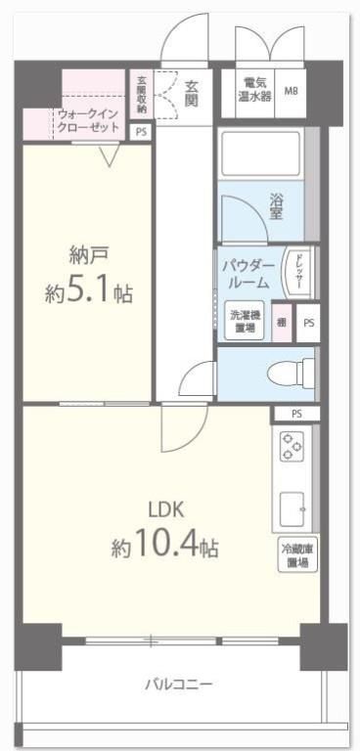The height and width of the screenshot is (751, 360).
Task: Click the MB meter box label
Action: [x=292, y=92]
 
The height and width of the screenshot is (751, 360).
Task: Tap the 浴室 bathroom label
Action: [x=279, y=207]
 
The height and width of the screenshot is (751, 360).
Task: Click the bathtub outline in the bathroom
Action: [x=259, y=155]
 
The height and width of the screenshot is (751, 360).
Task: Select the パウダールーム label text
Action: [x=245, y=274]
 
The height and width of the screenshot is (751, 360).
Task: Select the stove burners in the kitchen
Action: [x=292, y=447]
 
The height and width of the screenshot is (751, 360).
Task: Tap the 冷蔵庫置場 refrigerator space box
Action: [x=297, y=556]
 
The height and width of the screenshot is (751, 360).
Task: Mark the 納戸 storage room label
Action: [x=88, y=255]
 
